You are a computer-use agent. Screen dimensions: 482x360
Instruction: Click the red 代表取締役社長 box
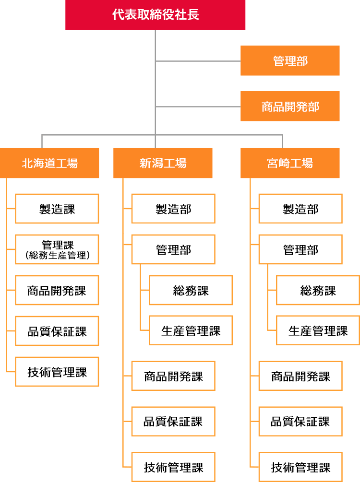pyautogui.click(x=156, y=15)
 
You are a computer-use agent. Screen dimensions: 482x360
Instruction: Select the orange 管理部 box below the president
pyautogui.click(x=290, y=61)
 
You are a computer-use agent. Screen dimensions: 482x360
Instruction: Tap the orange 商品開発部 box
pyautogui.click(x=290, y=106)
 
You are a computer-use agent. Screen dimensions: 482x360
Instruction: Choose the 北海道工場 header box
pyautogui.click(x=50, y=163)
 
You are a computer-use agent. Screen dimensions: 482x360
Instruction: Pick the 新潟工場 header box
pyautogui.click(x=163, y=163)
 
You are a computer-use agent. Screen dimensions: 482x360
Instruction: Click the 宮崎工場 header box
pyautogui.click(x=290, y=163)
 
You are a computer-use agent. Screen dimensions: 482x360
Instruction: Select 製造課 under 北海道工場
pyautogui.click(x=57, y=209)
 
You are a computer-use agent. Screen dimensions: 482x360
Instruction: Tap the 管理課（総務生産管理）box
pyautogui.click(x=57, y=249)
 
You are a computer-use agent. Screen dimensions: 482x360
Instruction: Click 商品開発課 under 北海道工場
pyautogui.click(x=57, y=290)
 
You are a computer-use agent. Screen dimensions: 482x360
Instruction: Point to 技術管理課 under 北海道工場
pyautogui.click(x=57, y=372)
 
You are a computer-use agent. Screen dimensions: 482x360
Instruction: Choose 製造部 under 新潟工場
pyautogui.click(x=173, y=209)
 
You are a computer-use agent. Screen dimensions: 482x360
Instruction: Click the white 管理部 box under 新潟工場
pyautogui.click(x=173, y=249)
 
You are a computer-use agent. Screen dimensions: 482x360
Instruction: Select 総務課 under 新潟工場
pyautogui.click(x=191, y=290)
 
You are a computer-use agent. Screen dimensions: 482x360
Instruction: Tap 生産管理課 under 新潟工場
pyautogui.click(x=191, y=330)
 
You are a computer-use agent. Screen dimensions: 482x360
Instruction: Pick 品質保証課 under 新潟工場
pyautogui.click(x=173, y=422)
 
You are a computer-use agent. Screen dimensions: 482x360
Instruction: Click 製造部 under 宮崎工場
pyautogui.click(x=300, y=209)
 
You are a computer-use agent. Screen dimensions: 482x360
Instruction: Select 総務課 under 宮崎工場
pyautogui.click(x=318, y=290)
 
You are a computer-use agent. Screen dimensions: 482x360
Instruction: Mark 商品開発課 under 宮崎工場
pyautogui.click(x=300, y=376)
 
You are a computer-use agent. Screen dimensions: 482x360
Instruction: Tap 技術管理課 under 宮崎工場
pyautogui.click(x=300, y=467)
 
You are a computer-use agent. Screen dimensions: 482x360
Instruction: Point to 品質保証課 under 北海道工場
pyautogui.click(x=57, y=331)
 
